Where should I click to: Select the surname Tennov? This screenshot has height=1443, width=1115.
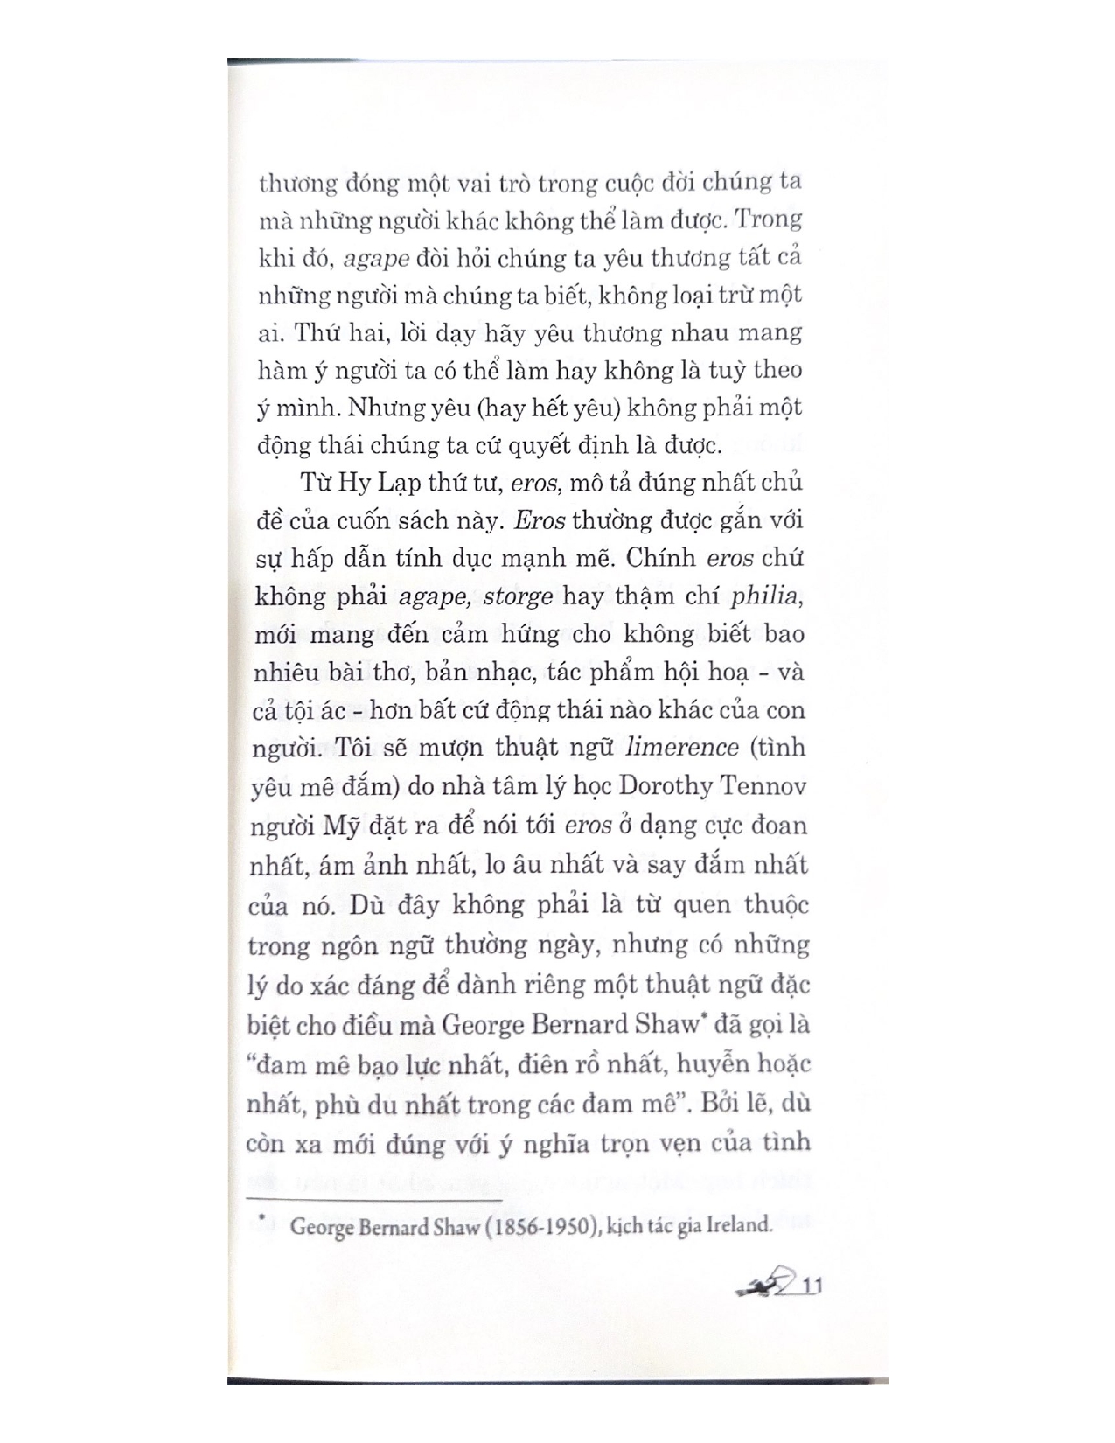[763, 786]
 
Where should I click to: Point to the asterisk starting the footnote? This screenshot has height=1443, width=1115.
[261, 1217]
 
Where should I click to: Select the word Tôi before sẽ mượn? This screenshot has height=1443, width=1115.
[356, 749]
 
